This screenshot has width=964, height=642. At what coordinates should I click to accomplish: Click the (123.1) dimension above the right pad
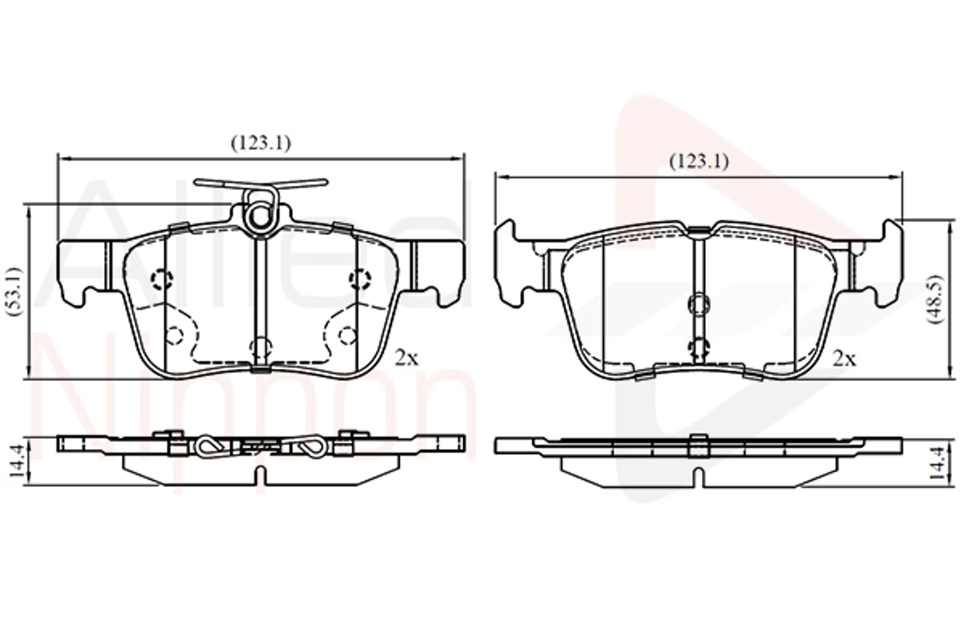coord(699,162)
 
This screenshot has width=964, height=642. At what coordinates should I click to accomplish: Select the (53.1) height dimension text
coord(14,291)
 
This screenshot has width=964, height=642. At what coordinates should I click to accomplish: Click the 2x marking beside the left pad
coord(406,358)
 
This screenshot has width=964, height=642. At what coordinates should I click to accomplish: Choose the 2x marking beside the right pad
coord(844,359)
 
